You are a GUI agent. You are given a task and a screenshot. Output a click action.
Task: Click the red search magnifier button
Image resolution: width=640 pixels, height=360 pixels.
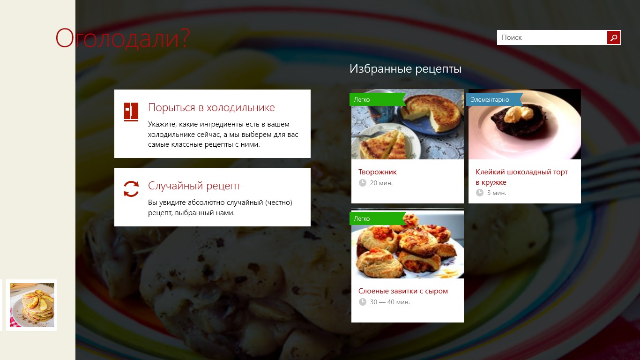614,37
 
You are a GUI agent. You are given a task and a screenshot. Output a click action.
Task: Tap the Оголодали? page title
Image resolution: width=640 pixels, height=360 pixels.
123,38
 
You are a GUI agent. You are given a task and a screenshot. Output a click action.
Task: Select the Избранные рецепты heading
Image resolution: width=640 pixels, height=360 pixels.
405,69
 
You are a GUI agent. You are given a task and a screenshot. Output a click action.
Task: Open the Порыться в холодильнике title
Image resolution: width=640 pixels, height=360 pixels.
211,107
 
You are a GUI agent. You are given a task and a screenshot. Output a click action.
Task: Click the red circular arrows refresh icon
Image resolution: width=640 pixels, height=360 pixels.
131,189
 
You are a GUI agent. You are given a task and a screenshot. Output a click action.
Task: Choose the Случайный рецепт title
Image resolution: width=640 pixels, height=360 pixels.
194,186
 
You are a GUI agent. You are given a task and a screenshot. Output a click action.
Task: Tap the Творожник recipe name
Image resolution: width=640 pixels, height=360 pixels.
378,172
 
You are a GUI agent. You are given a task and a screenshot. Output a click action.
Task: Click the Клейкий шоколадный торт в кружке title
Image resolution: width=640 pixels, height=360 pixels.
521,177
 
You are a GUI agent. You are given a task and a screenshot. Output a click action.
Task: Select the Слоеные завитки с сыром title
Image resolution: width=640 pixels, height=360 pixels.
403,291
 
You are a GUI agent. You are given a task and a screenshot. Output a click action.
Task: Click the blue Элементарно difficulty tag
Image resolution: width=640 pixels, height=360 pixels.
490,99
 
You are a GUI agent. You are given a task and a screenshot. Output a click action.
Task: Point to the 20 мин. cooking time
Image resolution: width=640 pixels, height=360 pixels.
381,183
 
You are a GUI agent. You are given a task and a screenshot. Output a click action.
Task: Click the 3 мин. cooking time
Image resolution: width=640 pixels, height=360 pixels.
497,193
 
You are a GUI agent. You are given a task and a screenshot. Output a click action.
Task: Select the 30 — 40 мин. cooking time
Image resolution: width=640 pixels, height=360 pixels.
390,302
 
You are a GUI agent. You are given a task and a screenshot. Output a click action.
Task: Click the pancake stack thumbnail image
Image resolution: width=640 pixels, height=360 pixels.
32,305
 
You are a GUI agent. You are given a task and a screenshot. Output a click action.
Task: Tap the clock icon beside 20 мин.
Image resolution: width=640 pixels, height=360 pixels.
362,183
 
